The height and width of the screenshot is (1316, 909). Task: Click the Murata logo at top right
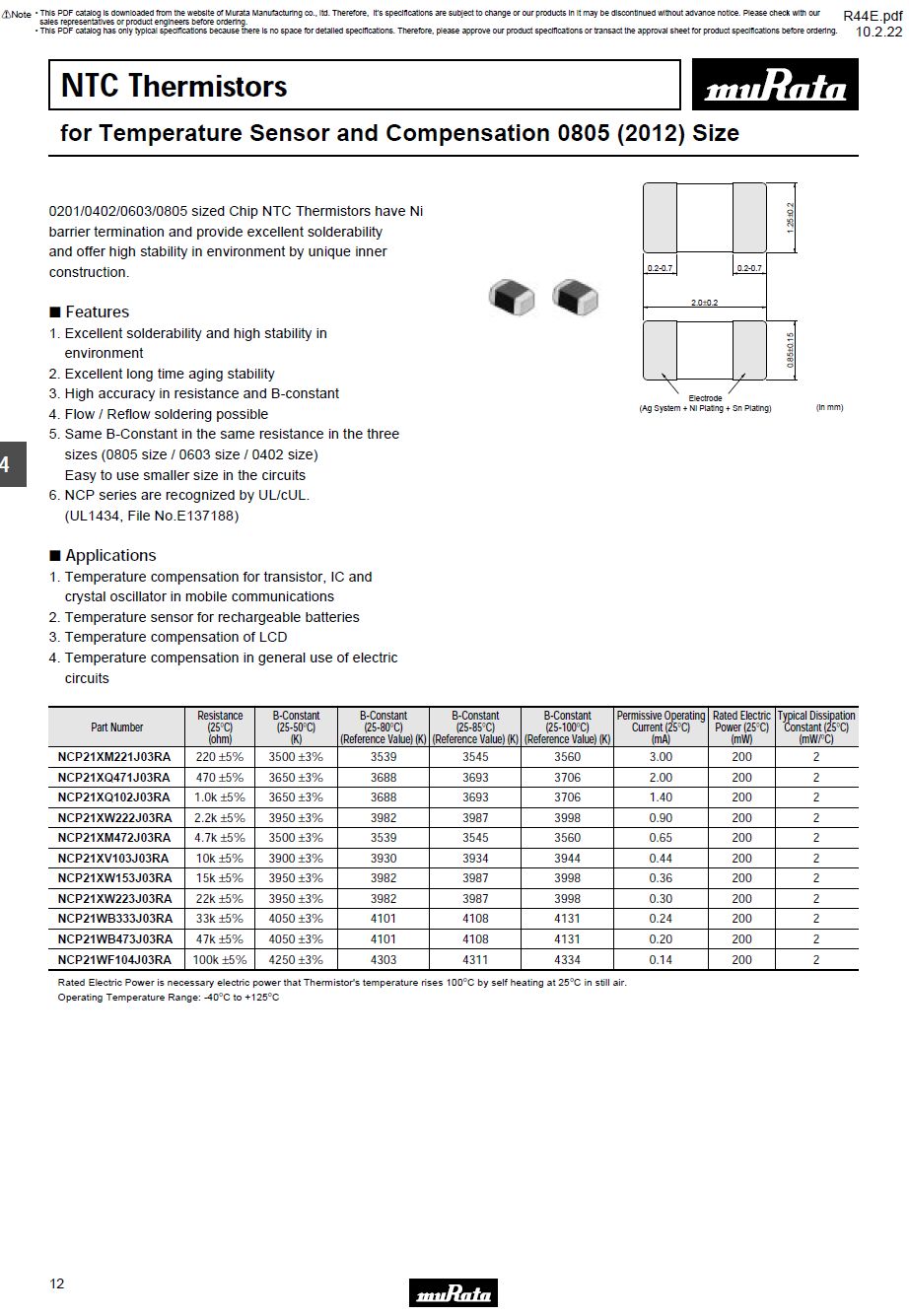pos(775,87)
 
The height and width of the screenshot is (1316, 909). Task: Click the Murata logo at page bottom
pos(454,1293)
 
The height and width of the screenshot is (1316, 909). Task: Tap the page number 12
pos(57,1282)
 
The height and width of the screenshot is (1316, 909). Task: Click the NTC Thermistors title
pos(174,86)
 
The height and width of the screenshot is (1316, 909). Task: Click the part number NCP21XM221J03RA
pos(114,757)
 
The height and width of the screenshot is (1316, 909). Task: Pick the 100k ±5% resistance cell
pos(220,959)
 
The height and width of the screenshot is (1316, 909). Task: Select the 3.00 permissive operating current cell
pos(661,757)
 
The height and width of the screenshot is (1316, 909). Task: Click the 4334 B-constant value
pos(567,959)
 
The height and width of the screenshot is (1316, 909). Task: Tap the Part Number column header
pos(117,727)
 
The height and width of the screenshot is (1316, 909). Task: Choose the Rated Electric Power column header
pos(741,727)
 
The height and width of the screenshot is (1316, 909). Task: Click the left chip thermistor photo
pos(511,296)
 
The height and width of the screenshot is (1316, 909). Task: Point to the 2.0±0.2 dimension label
pos(705,303)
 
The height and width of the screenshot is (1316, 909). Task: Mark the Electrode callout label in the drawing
pos(705,398)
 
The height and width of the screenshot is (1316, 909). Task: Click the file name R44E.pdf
pos(873,16)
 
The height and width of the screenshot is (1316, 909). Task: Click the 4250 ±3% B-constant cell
pos(296,959)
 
